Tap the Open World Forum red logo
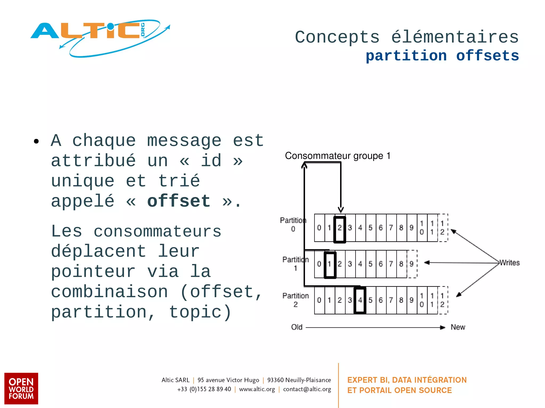[21, 388]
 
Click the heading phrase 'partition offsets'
[442, 56]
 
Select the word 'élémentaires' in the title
[455, 37]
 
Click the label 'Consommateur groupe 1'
[337, 156]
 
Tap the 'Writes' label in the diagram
[509, 263]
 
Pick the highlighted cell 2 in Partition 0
[340, 229]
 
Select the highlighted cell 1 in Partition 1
[330, 264]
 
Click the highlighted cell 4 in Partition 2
[360, 300]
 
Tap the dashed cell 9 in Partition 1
[412, 264]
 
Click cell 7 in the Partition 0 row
[391, 228]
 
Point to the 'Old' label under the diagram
[297, 327]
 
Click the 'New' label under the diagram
[458, 327]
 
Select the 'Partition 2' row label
[295, 300]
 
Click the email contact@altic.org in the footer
[307, 389]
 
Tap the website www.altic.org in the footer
[257, 389]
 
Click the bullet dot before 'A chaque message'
[36, 141]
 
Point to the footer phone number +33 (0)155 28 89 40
[204, 389]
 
